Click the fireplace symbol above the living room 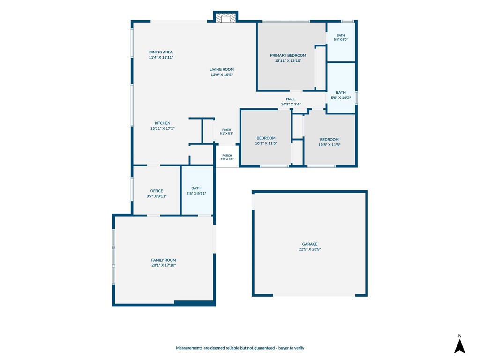coord(225,17)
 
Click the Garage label coord(310,244)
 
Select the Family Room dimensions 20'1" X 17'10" coord(164,265)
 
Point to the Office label coord(157,191)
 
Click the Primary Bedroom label coord(288,55)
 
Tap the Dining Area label coord(161,52)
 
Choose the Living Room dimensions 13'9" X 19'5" coord(222,75)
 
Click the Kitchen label coord(162,123)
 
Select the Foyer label coord(226,130)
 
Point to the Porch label coord(227,156)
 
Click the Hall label coord(291,99)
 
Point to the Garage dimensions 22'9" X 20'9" coord(310,249)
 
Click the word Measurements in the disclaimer coord(189,348)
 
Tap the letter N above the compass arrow coord(460,336)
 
